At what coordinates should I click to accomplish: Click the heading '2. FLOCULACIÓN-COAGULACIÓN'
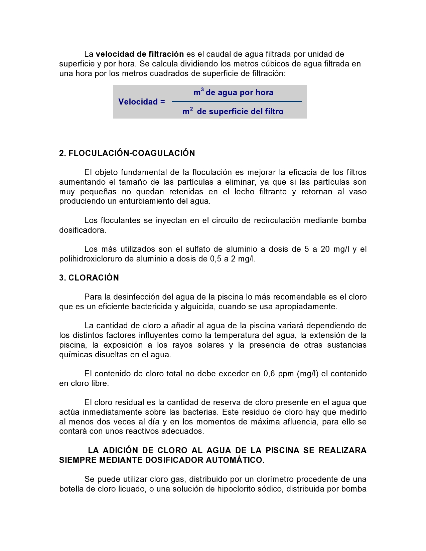point(127,153)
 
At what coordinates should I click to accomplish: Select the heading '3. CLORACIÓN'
point(89,278)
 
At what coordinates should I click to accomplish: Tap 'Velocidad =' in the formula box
point(142,102)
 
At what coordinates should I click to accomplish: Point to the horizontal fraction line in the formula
point(237,102)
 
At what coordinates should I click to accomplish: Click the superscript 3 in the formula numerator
point(202,89)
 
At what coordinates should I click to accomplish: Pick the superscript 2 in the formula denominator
point(191,109)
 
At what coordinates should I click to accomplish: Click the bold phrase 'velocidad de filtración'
point(140,54)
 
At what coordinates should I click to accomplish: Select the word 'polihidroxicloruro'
point(91,259)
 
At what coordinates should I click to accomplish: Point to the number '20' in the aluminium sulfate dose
point(325,249)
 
